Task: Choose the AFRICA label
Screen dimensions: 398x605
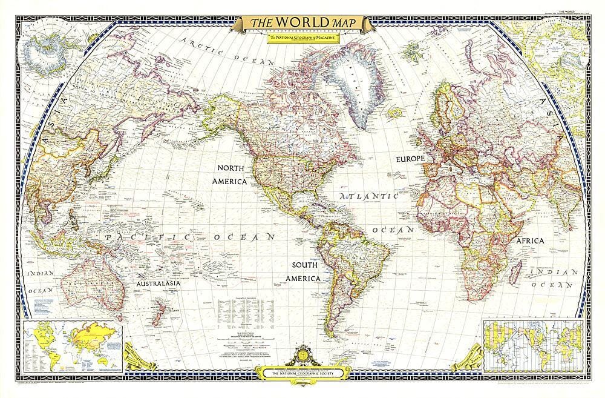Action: click(x=530, y=240)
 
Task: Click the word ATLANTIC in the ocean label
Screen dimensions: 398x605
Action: click(x=368, y=197)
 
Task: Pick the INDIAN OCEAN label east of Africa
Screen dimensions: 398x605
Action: click(x=552, y=277)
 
